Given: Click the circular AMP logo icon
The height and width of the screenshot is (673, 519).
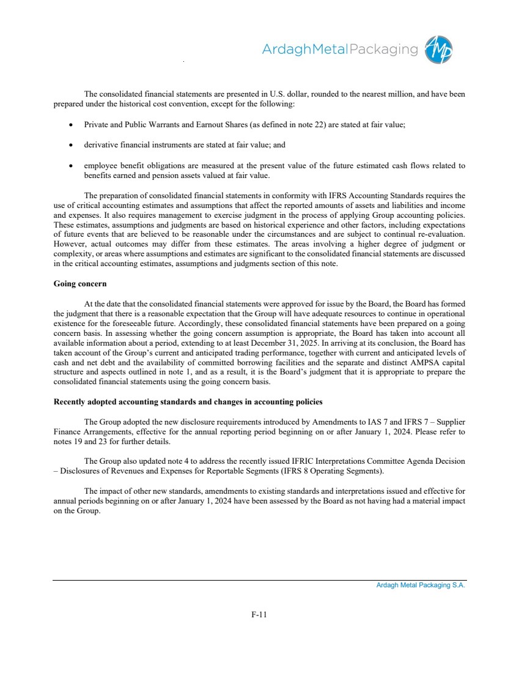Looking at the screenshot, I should point(440,50).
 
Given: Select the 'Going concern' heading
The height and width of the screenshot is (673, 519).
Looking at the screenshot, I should point(80,284).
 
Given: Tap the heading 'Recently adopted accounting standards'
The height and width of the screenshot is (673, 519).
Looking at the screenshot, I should point(188,402).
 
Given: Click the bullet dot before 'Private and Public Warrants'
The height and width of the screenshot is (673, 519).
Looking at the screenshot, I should point(72,125).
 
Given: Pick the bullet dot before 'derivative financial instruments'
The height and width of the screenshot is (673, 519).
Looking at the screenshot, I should point(72,146).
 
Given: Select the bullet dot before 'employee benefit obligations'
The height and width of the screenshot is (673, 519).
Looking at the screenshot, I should point(72,166).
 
